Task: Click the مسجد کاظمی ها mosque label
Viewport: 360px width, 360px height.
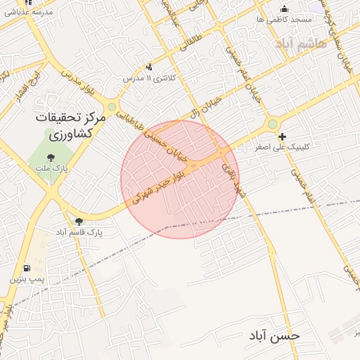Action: [284, 20]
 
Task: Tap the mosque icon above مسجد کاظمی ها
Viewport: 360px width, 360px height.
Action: [284, 9]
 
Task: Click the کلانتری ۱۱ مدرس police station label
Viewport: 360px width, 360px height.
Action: [149, 78]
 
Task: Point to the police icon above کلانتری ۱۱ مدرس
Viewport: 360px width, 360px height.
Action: [149, 67]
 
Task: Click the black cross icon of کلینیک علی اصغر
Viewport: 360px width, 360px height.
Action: [282, 137]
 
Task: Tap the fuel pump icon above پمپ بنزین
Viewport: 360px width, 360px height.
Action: [27, 268]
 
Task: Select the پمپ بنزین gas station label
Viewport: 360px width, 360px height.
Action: [27, 279]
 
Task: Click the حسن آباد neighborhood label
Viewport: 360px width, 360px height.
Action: [274, 335]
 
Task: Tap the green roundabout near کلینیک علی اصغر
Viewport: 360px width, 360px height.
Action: [271, 124]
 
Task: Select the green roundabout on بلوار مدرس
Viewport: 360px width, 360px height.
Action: [111, 107]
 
